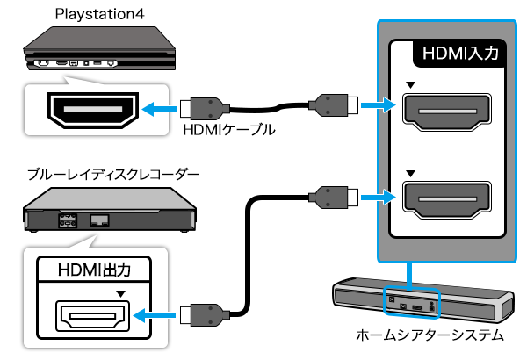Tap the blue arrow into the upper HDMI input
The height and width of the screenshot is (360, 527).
[375, 105]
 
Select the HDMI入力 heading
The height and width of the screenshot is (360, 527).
[460, 53]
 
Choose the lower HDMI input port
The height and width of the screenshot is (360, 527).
[445, 200]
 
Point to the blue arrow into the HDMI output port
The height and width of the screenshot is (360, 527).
[158, 313]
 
